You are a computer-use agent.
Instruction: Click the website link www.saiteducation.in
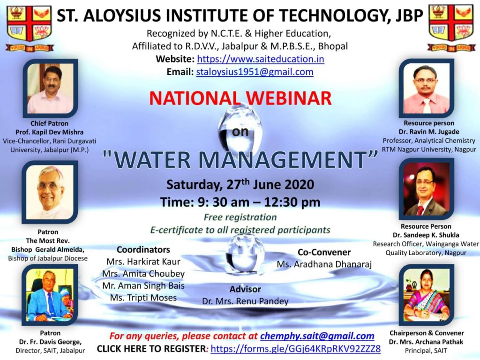click(261, 59)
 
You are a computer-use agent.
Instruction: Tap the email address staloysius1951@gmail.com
click(255, 72)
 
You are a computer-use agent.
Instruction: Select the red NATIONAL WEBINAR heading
click(240, 98)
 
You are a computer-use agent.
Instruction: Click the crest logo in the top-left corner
click(30, 28)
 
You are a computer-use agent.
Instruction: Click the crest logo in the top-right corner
click(451, 28)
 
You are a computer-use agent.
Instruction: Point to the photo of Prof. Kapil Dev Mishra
click(51, 88)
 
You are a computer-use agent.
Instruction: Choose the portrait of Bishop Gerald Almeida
click(50, 192)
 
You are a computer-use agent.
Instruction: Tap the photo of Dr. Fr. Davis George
click(50, 295)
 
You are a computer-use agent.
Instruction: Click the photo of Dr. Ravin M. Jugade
click(427, 88)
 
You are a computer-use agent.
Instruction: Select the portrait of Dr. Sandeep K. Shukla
click(427, 189)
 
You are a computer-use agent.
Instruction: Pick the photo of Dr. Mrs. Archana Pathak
click(427, 295)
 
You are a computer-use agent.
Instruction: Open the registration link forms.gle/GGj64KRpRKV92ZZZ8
click(296, 349)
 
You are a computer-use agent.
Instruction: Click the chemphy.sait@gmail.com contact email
click(317, 336)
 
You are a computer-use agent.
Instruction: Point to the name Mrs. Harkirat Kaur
click(143, 262)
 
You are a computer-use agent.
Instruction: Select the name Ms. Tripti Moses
click(143, 298)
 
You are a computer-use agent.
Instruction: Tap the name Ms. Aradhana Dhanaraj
click(324, 264)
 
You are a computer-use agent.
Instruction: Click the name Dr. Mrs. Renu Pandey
click(245, 301)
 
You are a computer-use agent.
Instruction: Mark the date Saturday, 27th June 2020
click(240, 185)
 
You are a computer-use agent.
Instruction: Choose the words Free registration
click(240, 217)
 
